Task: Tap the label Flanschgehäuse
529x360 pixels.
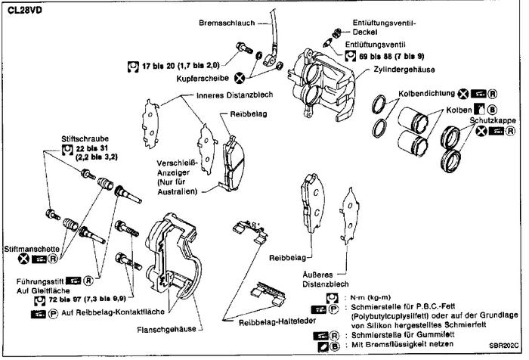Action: click(x=170, y=328)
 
